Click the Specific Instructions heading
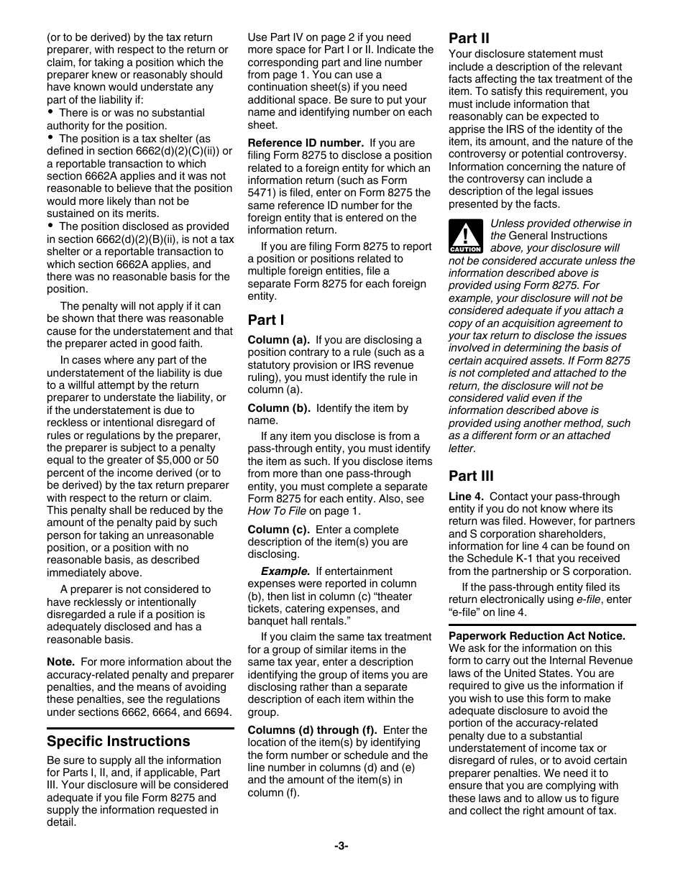coord(119,741)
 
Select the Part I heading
coord(266,320)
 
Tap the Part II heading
coord(469,38)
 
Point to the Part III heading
coord(471,476)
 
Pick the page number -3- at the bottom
coord(341,846)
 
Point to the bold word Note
coord(60,662)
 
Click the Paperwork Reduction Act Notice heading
coord(537,636)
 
